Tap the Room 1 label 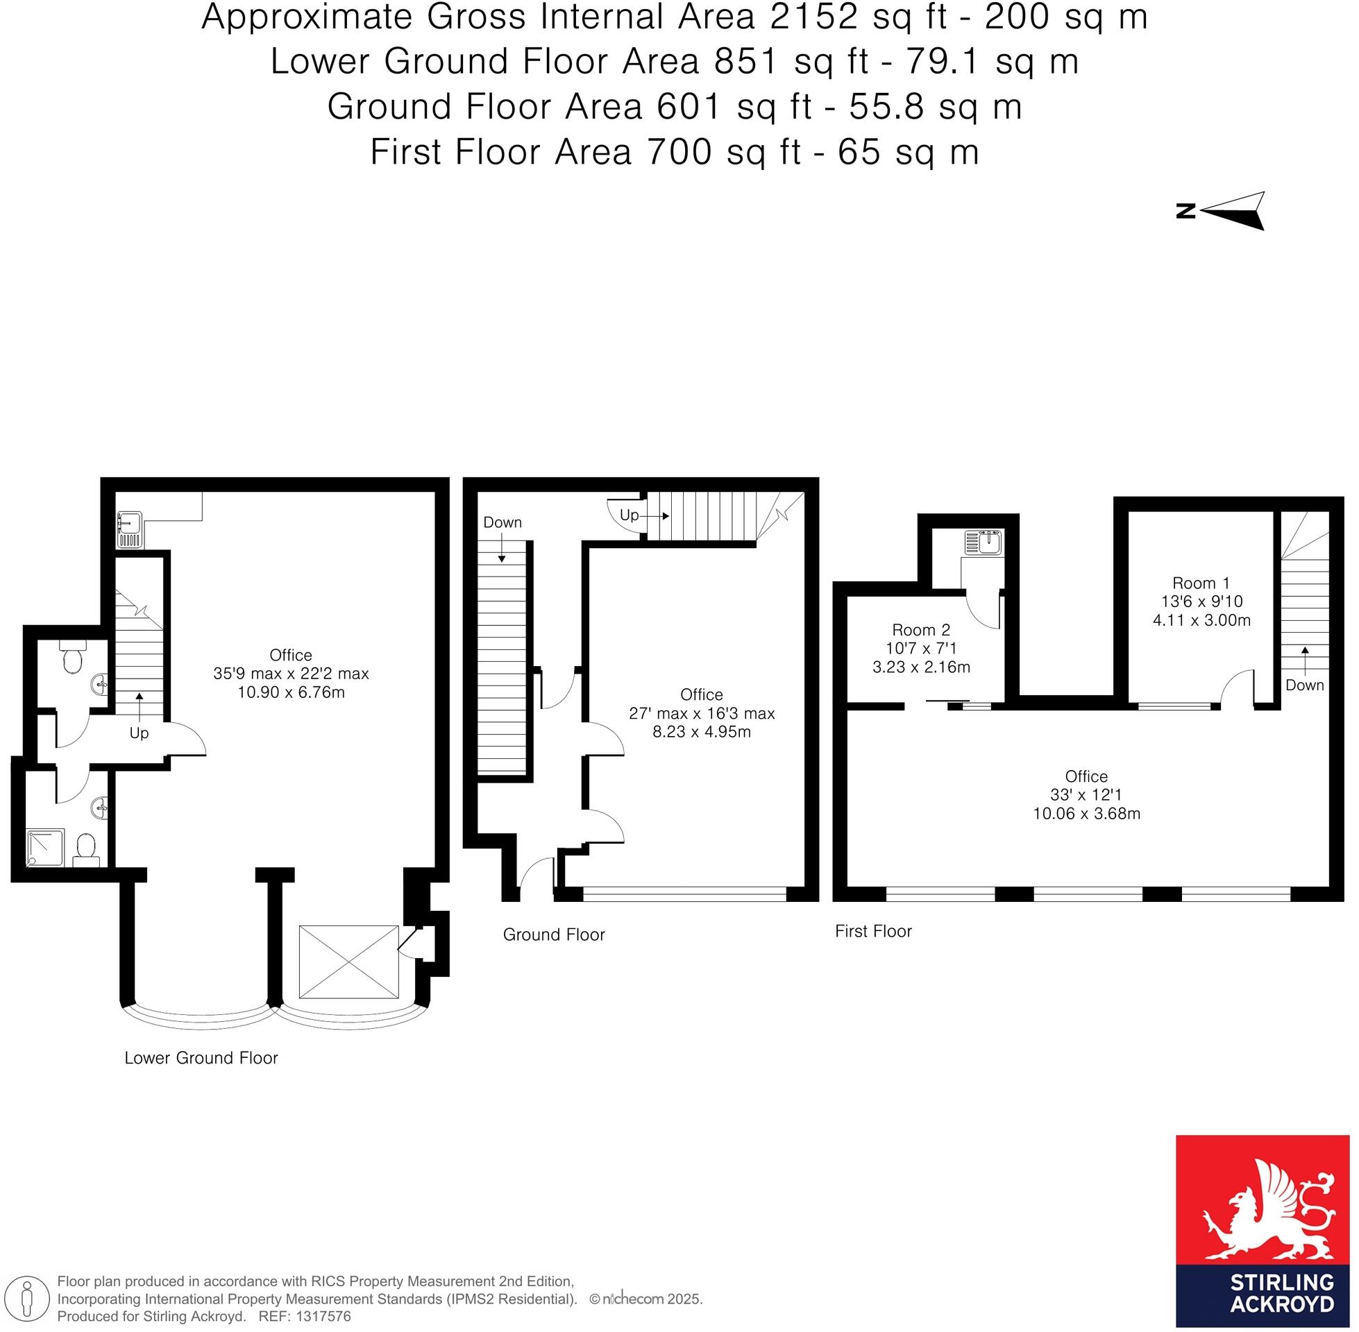pos(1201,583)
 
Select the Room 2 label pos(921,630)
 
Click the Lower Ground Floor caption pos(201,1058)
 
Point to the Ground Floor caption pos(554,934)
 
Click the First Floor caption pos(872,931)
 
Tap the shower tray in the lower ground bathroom pos(46,848)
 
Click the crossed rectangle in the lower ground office pos(348,962)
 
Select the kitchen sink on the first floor pos(984,543)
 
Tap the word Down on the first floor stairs pos(1304,685)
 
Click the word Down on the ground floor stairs pos(503,522)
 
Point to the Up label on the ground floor pos(629,515)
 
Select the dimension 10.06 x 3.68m pos(1086,814)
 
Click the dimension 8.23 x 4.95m pos(701,732)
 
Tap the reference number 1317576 pos(324,1316)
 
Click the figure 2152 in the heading pos(813,17)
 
